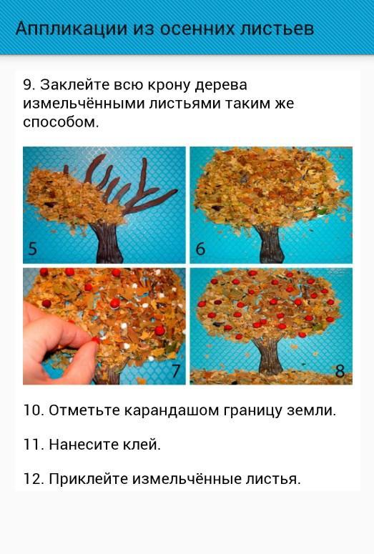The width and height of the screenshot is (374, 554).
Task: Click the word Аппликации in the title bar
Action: point(71,29)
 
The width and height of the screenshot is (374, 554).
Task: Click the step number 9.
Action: point(29,85)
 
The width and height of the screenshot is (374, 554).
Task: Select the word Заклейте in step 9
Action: point(74,85)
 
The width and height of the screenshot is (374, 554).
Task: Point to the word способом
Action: point(61,123)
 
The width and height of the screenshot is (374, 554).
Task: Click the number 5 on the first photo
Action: point(32,249)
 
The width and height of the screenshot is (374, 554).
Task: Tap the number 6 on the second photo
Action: point(200,249)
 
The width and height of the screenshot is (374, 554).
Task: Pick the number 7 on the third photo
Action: point(176,371)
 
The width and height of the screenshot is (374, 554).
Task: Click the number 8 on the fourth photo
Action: point(340,371)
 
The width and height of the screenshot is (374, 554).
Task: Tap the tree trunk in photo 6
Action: point(270,244)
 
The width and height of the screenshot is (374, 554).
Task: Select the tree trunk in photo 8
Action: point(270,355)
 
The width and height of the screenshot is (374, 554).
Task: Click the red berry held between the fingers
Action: point(95,340)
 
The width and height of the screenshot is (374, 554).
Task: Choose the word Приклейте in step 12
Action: point(89,479)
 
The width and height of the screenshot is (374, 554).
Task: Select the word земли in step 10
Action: point(312,410)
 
